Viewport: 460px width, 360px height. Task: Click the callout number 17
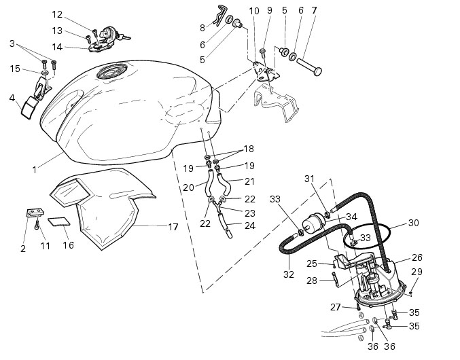[173, 227]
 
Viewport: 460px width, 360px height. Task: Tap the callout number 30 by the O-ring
[413, 223]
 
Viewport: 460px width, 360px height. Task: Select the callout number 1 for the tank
[35, 170]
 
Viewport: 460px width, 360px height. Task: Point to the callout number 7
[314, 10]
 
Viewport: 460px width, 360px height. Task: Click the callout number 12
[57, 14]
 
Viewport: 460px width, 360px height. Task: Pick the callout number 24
[250, 226]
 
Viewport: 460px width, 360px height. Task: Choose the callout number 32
[289, 274]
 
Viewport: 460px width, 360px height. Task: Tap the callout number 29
[417, 272]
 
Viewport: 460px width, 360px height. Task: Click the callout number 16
[68, 245]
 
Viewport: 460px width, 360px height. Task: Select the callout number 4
[12, 98]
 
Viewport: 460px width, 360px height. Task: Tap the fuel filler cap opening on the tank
[112, 71]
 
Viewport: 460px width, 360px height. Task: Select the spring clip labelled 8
[219, 16]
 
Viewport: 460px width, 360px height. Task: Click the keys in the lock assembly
[124, 37]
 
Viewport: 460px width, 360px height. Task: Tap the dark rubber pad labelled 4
[28, 109]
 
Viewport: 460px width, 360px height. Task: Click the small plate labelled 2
[35, 213]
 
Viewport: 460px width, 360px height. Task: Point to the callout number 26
[417, 257]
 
